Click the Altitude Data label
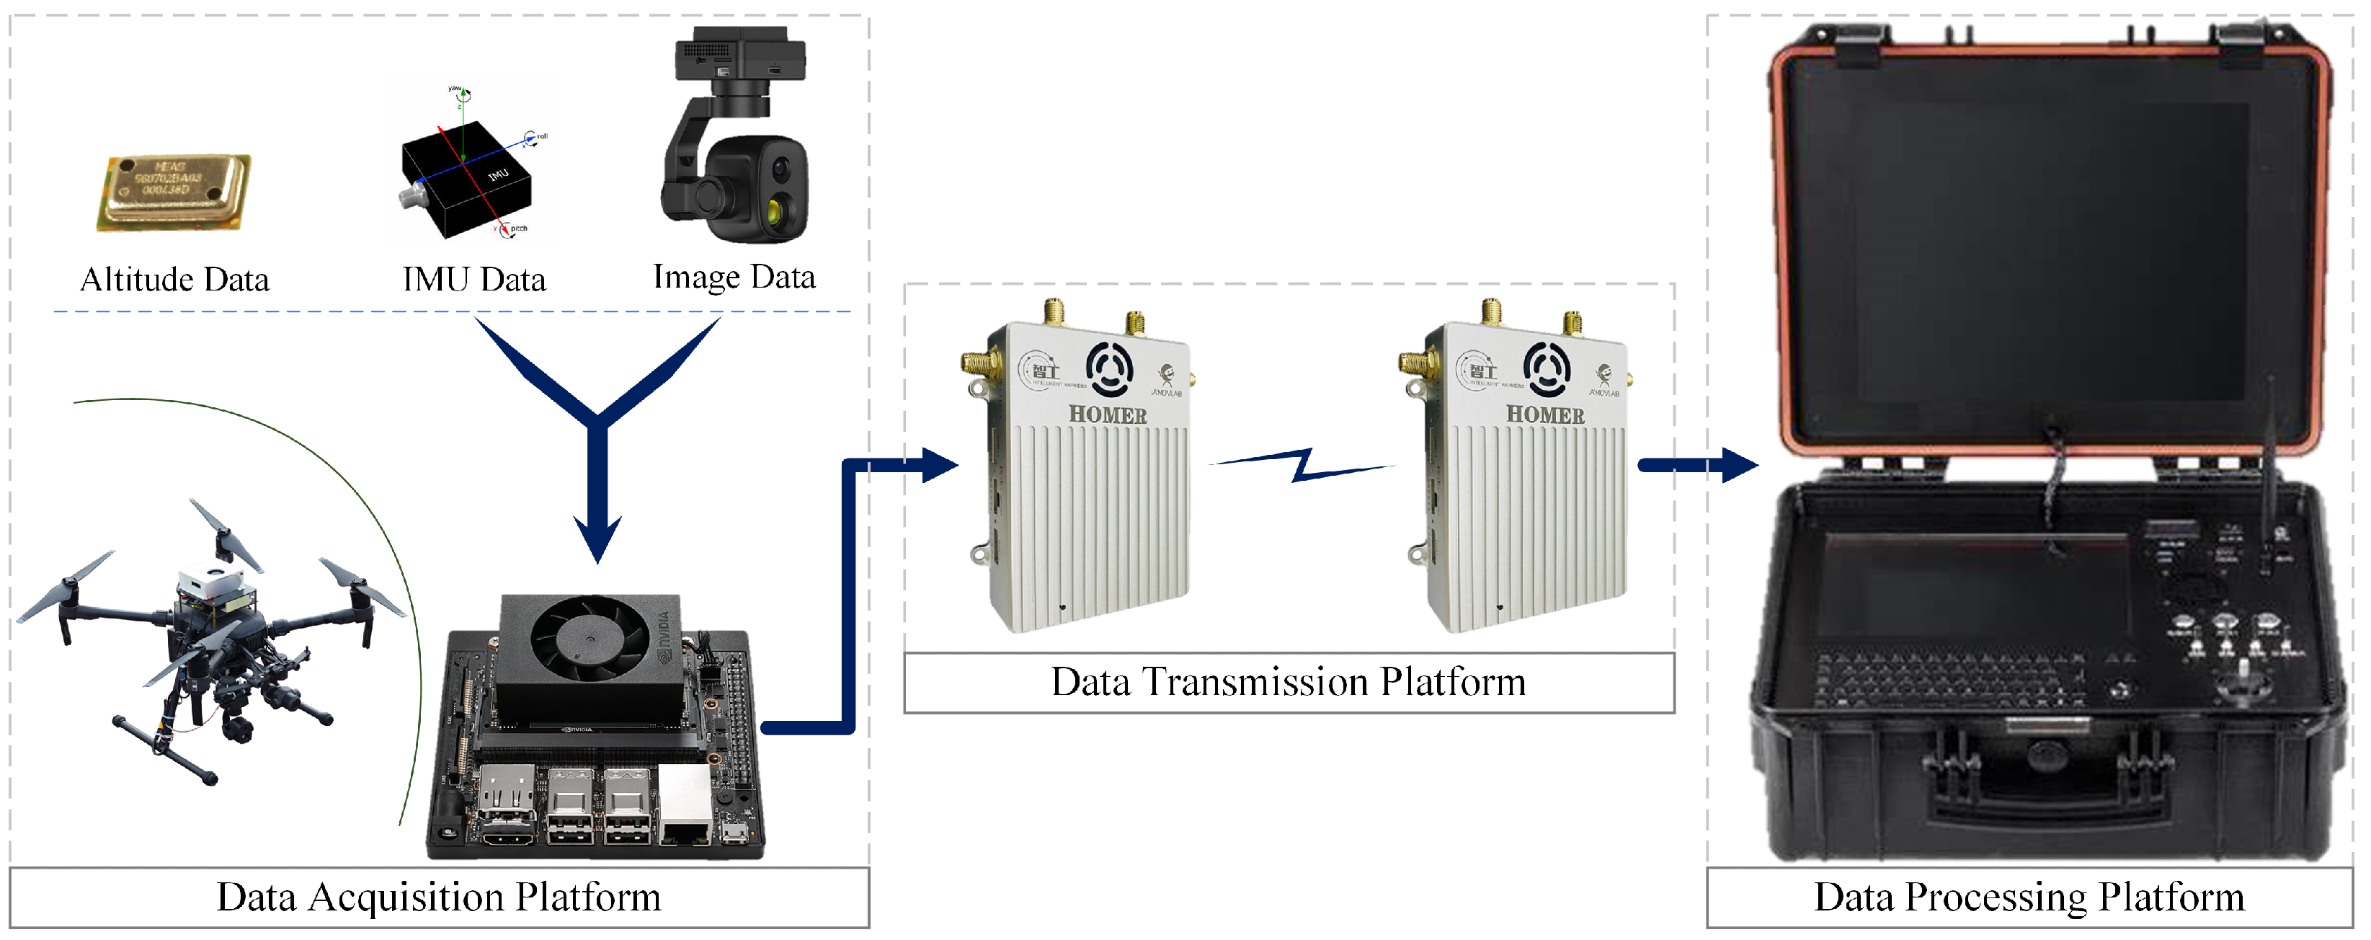(175, 279)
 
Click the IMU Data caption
(474, 279)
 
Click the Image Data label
(734, 276)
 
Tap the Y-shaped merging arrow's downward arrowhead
(597, 538)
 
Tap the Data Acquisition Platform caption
(438, 897)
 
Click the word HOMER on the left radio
(1107, 415)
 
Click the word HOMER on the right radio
(1544, 415)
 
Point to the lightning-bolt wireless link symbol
(1302, 464)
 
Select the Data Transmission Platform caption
(1288, 682)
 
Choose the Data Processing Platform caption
(2029, 897)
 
